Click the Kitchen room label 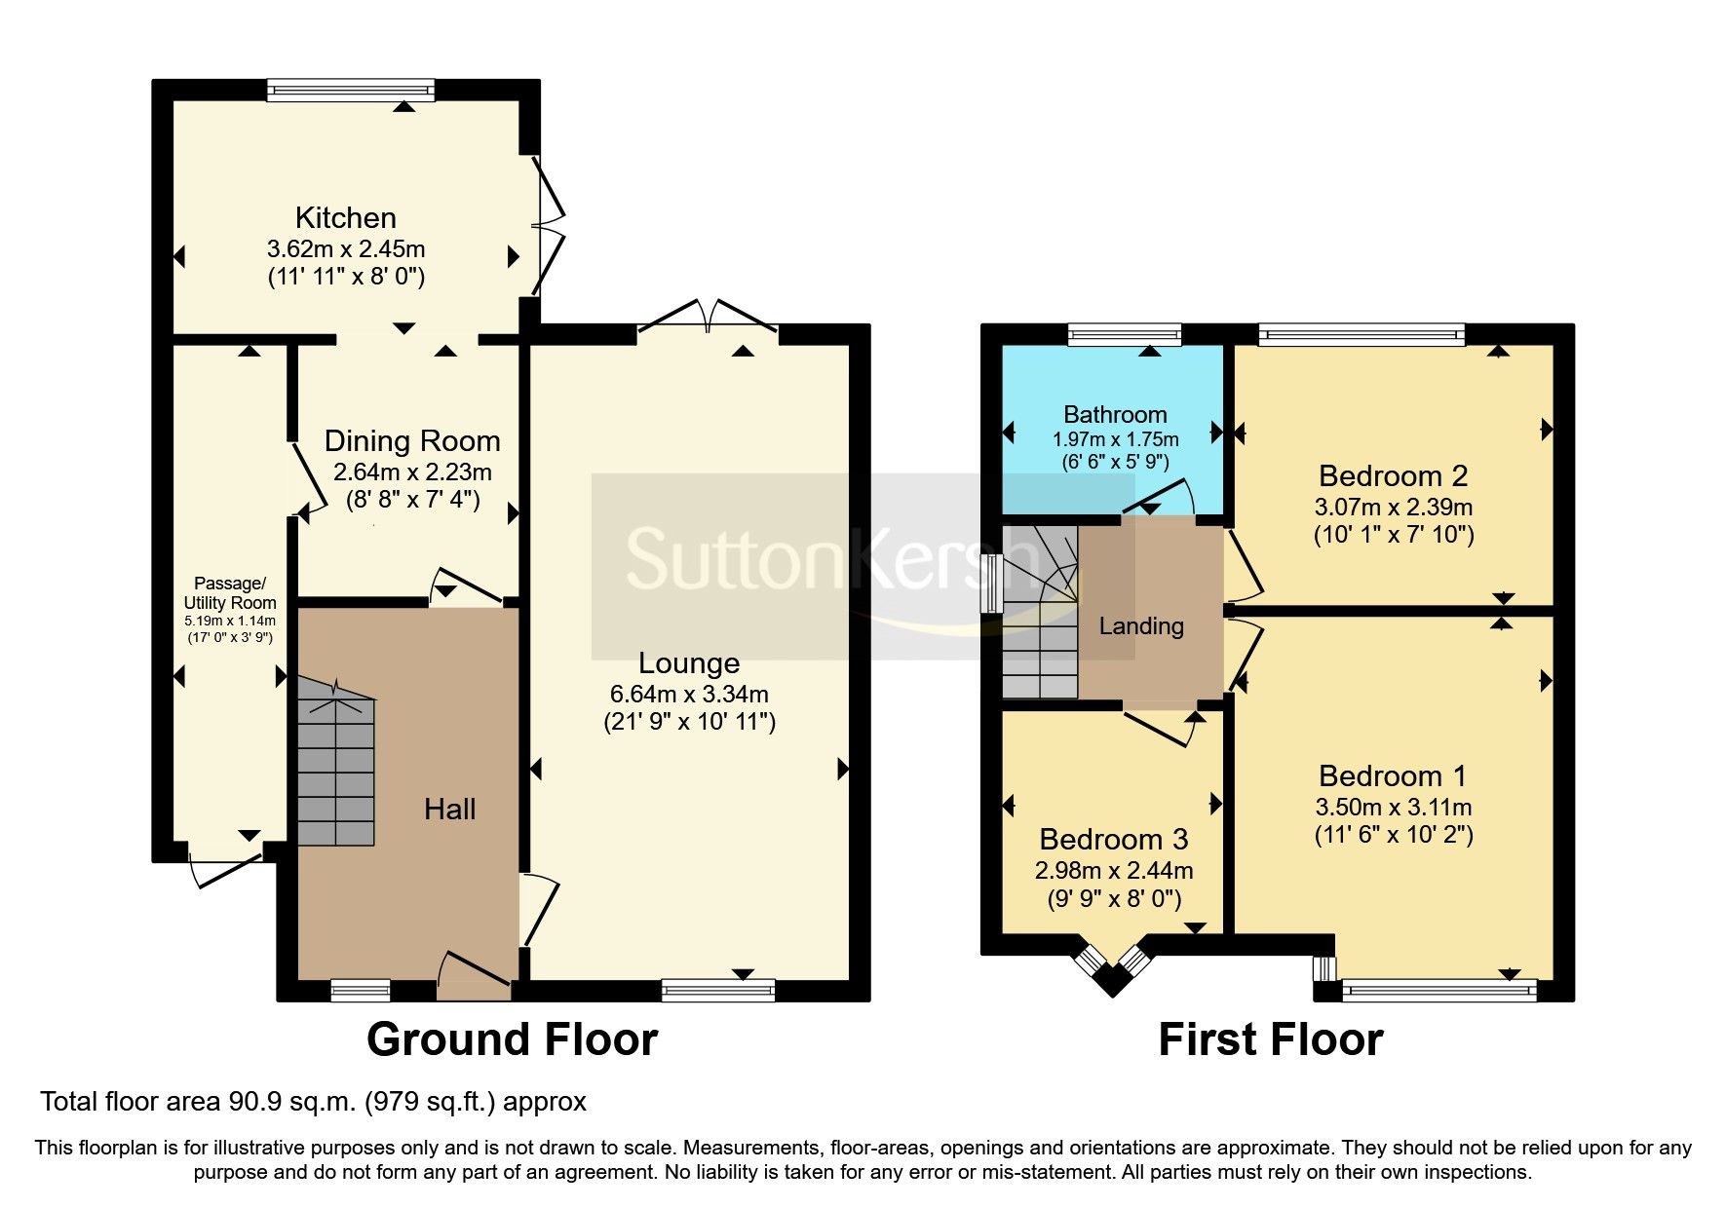[345, 217]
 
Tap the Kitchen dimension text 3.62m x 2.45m [346, 248]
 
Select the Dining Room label [412, 440]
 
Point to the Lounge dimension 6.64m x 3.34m [689, 695]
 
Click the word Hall [449, 809]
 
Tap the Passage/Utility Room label [230, 592]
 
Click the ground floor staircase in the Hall [335, 770]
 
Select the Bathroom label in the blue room [1115, 414]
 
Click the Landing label [1141, 625]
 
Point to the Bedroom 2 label [1393, 475]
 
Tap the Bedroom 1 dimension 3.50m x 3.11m [1393, 807]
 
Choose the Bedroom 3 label [1114, 839]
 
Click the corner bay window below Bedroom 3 [1112, 966]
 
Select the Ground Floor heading [512, 1039]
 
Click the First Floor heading [1270, 1039]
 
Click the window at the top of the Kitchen [351, 91]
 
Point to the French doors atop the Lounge [709, 319]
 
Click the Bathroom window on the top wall [1125, 335]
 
